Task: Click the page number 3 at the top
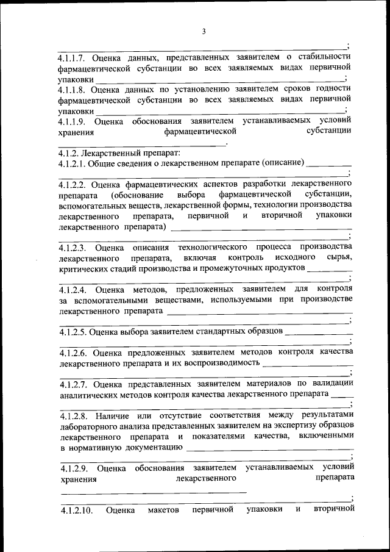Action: [204, 31]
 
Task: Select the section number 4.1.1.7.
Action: [75, 57]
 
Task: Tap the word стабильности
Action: [324, 57]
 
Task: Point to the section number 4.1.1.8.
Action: [75, 90]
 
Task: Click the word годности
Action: [334, 90]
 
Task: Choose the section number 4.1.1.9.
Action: [75, 121]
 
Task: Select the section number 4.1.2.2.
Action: [75, 184]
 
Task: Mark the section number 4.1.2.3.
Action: [75, 247]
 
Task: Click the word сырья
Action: [338, 257]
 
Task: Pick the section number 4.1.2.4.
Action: [75, 289]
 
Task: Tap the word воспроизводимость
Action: [222, 363]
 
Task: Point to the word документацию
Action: [155, 447]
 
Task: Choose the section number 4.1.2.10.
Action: [77, 510]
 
